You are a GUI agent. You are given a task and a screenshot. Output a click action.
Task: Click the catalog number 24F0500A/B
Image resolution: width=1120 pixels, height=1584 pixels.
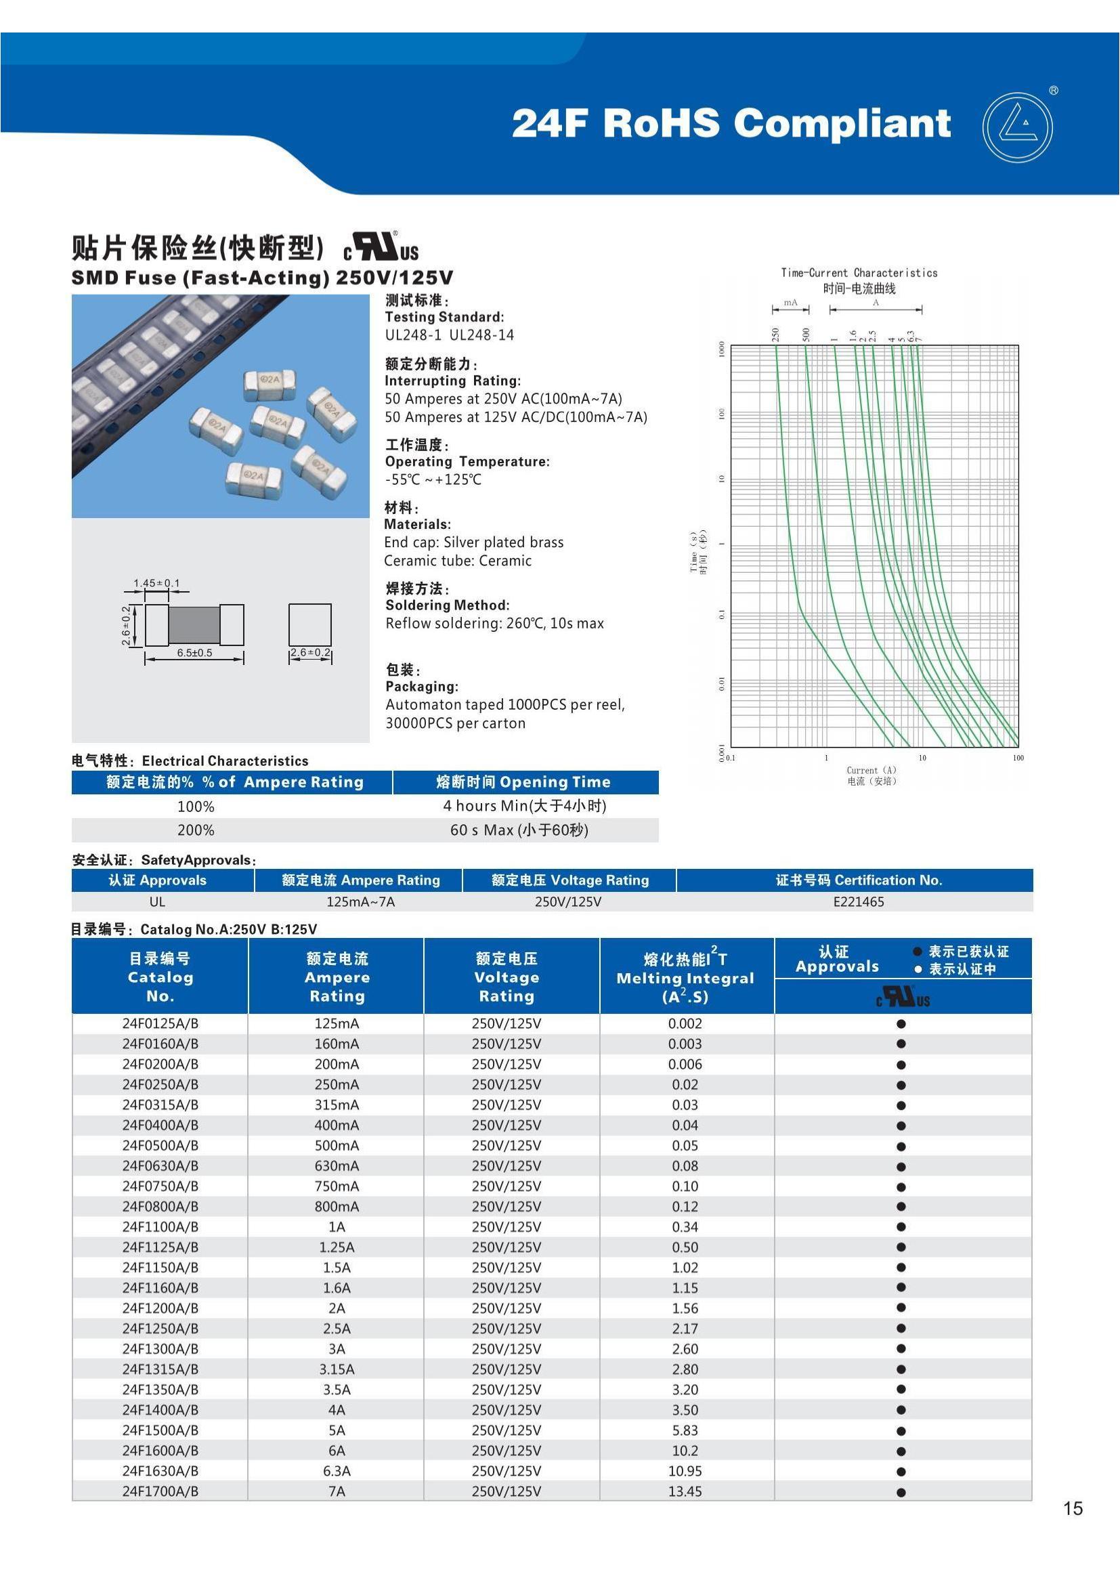(160, 1145)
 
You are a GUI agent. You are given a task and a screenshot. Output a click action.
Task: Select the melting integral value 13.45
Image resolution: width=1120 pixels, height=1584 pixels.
(685, 1491)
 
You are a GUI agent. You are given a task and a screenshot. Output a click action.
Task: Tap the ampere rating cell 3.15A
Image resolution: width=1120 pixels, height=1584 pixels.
(337, 1369)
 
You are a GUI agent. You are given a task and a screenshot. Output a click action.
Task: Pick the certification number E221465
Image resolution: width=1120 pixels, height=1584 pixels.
(858, 901)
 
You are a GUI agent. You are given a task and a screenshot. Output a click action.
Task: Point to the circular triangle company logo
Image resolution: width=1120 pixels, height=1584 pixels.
(1017, 127)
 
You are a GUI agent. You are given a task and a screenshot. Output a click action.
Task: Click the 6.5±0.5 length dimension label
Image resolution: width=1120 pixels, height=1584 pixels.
(194, 653)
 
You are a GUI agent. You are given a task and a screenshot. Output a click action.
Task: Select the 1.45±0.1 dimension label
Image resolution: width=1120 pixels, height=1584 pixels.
(156, 583)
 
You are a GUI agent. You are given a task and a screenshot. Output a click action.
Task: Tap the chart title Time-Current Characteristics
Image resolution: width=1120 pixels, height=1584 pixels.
(859, 272)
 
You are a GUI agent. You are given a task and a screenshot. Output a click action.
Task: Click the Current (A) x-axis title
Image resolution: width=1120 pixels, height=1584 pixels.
(871, 770)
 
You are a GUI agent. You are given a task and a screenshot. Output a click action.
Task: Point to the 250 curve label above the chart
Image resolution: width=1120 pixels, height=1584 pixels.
(775, 335)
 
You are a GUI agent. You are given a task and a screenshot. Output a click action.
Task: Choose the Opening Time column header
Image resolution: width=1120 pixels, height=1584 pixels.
(523, 782)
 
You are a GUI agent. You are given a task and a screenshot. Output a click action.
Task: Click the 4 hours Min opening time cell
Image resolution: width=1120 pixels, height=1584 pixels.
(524, 806)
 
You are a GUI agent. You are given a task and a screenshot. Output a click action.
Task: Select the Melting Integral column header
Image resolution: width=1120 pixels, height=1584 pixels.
(685, 978)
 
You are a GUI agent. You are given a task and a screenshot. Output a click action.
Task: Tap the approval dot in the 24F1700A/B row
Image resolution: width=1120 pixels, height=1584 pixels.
(901, 1491)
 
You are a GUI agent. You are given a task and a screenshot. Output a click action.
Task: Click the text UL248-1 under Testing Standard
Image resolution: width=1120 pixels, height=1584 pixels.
(412, 335)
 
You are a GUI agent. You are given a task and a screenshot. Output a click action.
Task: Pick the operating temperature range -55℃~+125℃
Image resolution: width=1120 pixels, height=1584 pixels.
(433, 479)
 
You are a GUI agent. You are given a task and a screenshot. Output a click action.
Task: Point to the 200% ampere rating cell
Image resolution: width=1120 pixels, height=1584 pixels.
(196, 830)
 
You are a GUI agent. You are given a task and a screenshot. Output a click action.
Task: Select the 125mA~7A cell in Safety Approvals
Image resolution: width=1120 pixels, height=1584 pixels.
(360, 901)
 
